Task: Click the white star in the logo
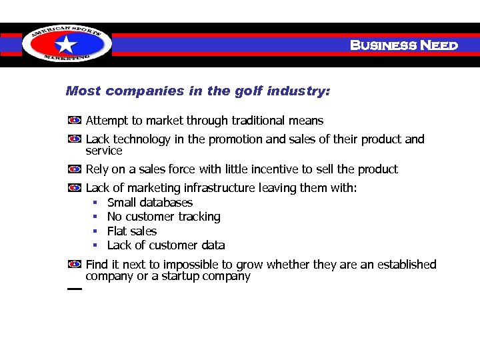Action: (x=65, y=45)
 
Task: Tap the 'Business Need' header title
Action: (x=404, y=45)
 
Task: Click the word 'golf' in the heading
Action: (x=249, y=91)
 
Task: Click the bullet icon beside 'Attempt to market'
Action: (x=75, y=121)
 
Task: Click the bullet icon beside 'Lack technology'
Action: (x=75, y=139)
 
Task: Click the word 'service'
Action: (x=104, y=151)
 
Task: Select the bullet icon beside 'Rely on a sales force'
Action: (x=75, y=169)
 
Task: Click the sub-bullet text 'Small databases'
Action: (x=150, y=203)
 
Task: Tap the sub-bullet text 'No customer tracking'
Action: (x=163, y=217)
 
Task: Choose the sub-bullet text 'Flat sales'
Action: (x=132, y=231)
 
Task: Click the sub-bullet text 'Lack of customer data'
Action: (x=166, y=245)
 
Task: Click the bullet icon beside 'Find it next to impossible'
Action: (x=75, y=265)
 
